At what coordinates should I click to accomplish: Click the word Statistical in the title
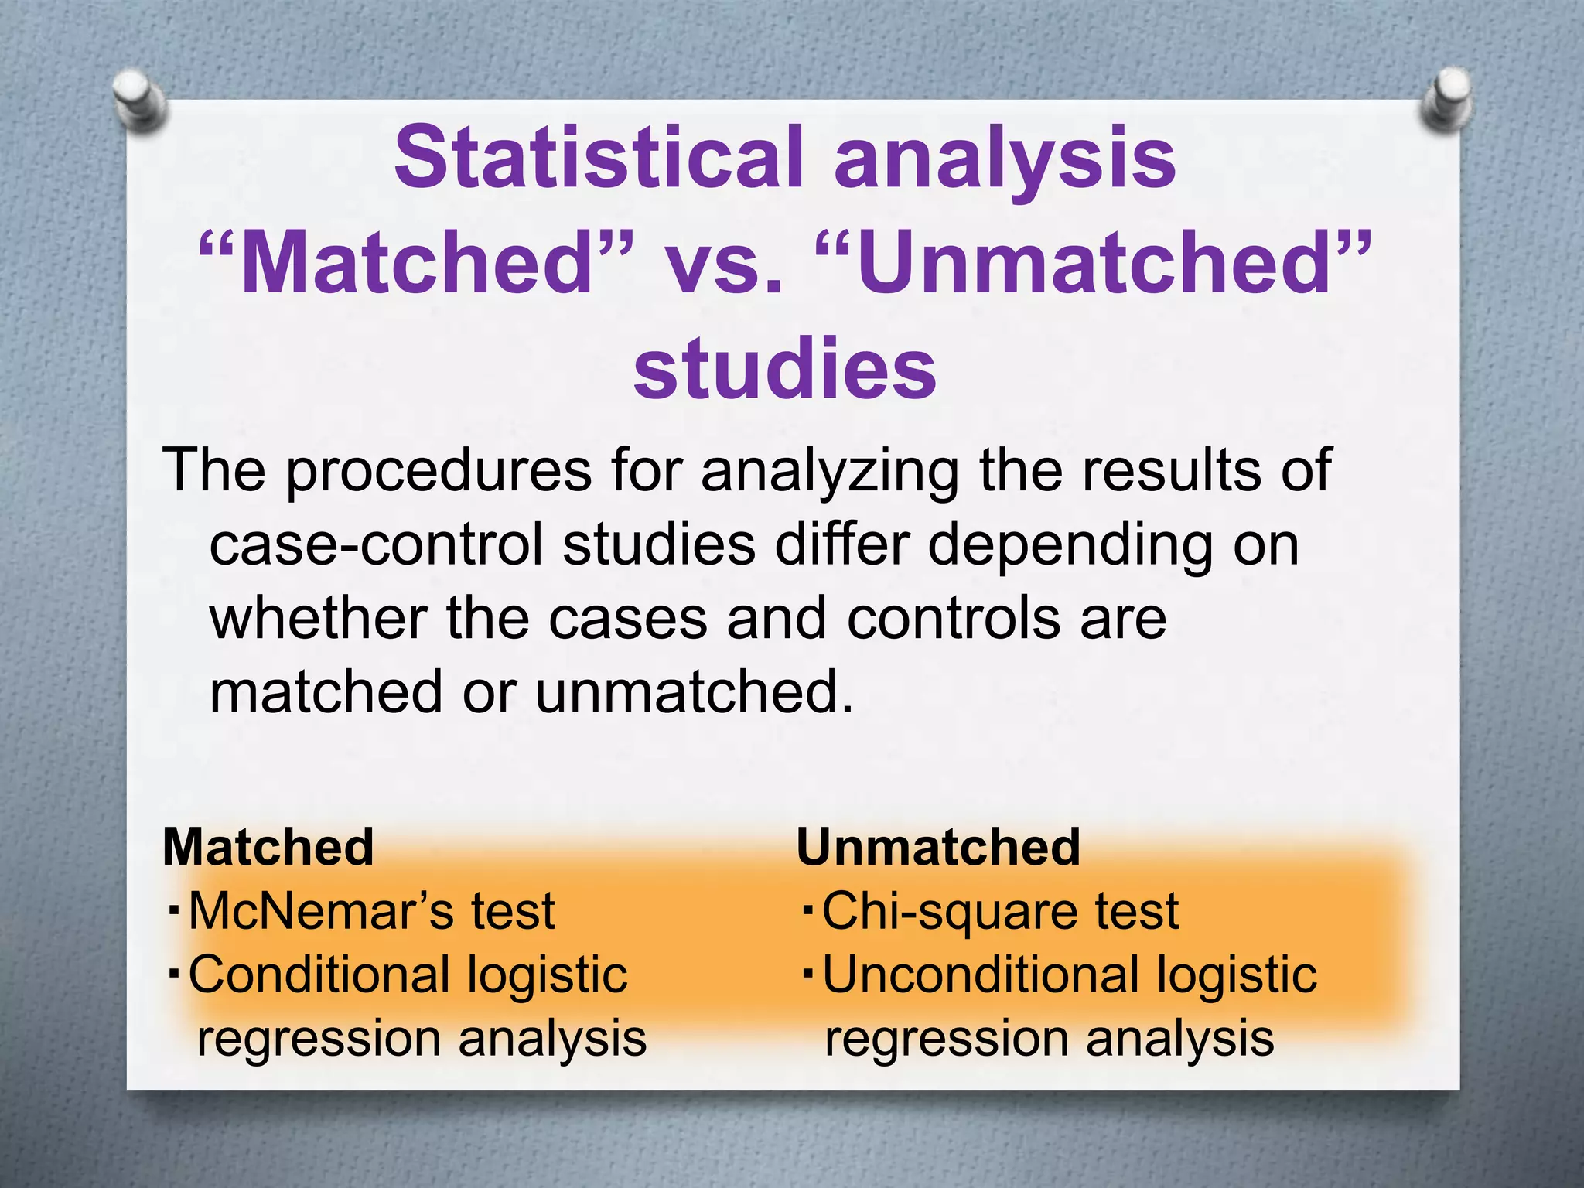pyautogui.click(x=599, y=159)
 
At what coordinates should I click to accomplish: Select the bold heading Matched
pyautogui.click(x=268, y=847)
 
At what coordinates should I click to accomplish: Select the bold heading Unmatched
pyautogui.click(x=938, y=847)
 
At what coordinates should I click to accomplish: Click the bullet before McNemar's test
pyautogui.click(x=174, y=907)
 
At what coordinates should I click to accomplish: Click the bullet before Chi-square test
pyautogui.click(x=807, y=907)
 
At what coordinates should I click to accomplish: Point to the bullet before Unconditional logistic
pyautogui.click(x=807, y=971)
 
